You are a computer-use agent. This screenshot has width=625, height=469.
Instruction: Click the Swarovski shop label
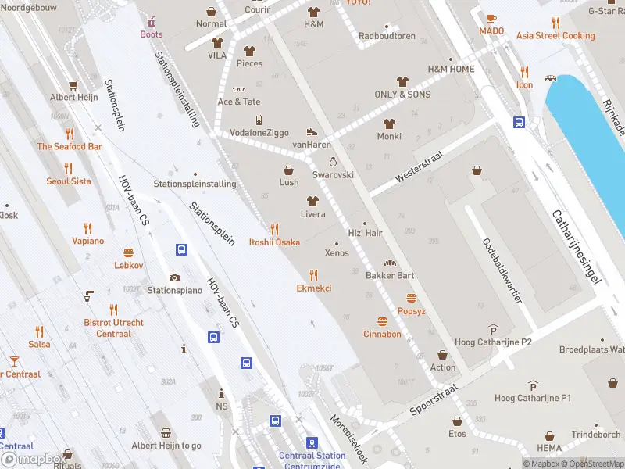pos(334,175)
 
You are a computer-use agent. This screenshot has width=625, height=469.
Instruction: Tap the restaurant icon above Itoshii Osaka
pos(274,229)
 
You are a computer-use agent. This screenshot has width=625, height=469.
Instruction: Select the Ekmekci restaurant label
pos(314,288)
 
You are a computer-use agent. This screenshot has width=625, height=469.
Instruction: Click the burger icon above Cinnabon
pos(382,321)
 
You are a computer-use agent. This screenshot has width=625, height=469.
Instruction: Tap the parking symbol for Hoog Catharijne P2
pos(493,329)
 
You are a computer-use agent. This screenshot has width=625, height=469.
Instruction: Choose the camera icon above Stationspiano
pos(174,277)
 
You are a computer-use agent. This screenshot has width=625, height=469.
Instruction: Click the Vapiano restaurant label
pos(87,241)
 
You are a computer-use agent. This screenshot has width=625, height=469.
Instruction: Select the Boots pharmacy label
pos(152,34)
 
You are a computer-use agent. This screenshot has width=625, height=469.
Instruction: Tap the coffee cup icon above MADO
pos(491,18)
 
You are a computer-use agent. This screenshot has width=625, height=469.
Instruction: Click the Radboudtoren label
pos(387,36)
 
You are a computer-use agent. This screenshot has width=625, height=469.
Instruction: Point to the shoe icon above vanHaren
pos(312,132)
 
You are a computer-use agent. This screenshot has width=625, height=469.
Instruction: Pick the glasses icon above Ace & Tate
pos(239,89)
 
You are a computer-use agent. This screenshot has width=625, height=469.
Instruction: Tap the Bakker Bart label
pos(390,275)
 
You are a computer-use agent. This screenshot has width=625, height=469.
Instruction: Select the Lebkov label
pos(129,265)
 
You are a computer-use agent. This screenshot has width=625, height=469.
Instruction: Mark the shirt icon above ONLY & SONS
pos(402,81)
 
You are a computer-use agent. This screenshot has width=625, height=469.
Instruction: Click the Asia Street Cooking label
pos(555,35)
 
